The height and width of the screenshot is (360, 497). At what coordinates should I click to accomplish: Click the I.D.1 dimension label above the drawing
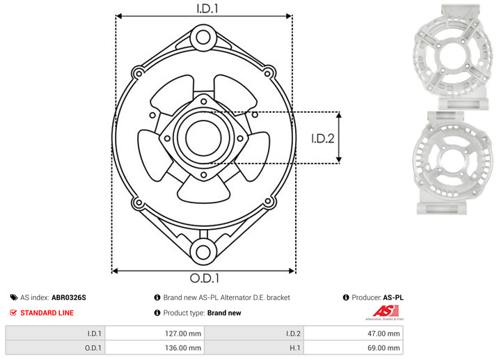(x=207, y=8)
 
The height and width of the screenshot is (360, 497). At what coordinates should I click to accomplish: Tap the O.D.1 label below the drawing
(x=205, y=278)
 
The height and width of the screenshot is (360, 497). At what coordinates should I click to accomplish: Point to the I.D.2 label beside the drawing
(x=323, y=139)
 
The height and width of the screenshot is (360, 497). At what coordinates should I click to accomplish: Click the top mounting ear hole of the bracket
(x=203, y=37)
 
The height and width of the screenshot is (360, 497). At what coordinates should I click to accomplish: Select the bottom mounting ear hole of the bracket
(x=203, y=252)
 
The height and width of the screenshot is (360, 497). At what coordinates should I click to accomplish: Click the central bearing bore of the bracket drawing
(x=203, y=138)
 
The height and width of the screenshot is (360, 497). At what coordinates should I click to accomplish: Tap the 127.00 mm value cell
(x=155, y=334)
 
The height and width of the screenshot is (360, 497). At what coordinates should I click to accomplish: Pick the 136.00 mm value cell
(x=155, y=347)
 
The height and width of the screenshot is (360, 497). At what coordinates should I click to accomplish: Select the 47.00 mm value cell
(x=353, y=334)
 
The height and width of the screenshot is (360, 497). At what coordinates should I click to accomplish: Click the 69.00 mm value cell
(x=353, y=347)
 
